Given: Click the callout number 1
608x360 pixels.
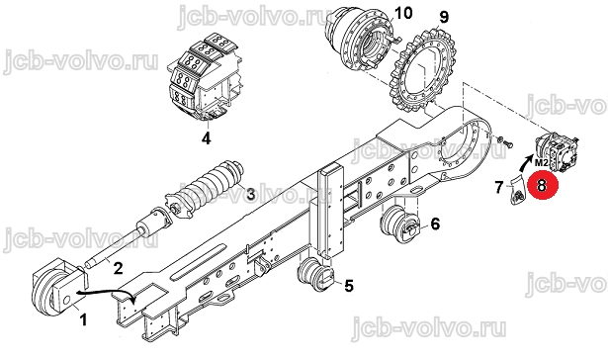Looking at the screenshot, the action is click(x=83, y=320).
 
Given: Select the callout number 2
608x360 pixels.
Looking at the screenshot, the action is click(x=118, y=268).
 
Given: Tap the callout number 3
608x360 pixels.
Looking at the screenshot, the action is click(x=250, y=194).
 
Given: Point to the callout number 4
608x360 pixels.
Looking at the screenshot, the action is click(x=206, y=138).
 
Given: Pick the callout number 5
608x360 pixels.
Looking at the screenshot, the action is click(x=349, y=286).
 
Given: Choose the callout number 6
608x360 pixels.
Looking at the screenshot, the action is click(x=435, y=224).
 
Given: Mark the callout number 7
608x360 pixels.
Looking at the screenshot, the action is click(x=499, y=187).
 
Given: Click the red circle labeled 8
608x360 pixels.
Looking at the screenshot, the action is click(x=541, y=185).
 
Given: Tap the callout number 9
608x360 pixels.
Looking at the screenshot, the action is click(x=444, y=17).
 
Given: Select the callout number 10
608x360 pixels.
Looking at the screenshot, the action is click(x=403, y=13).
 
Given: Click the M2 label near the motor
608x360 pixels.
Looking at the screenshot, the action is click(x=542, y=163).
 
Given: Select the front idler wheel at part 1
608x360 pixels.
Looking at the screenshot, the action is click(x=47, y=287).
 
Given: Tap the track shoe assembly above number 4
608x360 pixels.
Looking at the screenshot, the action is click(x=205, y=77).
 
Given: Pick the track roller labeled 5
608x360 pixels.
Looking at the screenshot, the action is click(x=314, y=274).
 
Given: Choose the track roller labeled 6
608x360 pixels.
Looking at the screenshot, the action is click(x=400, y=223).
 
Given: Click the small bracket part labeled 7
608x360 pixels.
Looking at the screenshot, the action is click(x=516, y=190).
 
